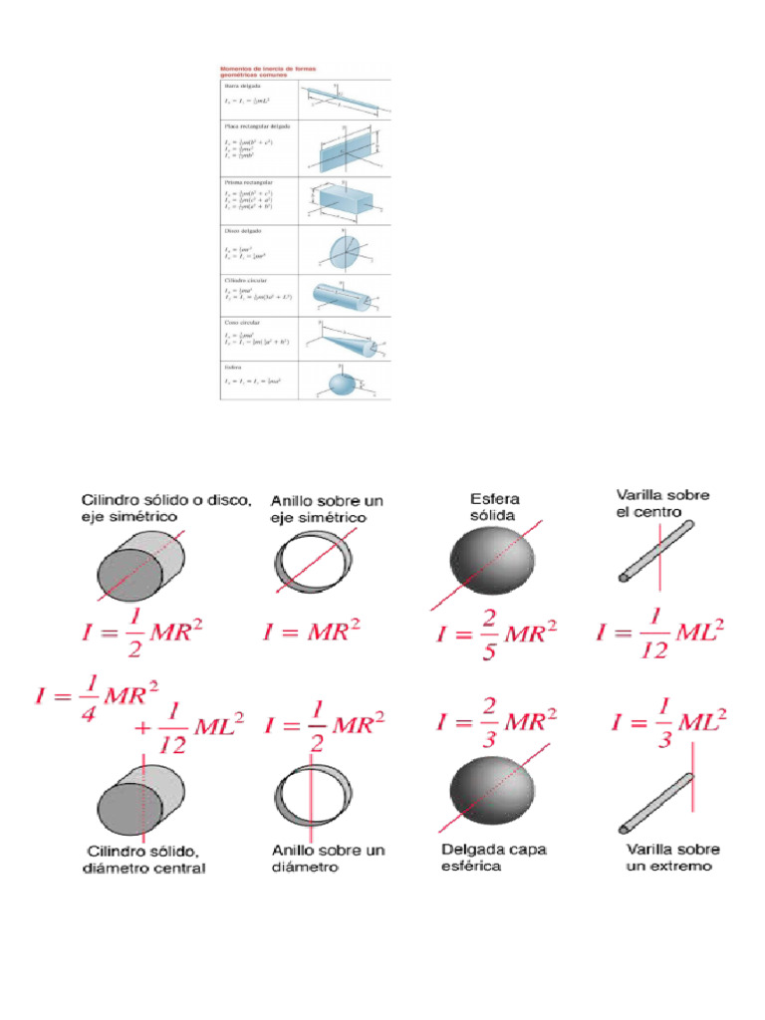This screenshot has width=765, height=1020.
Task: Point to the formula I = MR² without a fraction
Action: tap(311, 632)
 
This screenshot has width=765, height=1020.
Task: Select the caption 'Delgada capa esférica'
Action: tap(493, 858)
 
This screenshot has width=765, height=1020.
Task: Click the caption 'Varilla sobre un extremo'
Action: tap(672, 858)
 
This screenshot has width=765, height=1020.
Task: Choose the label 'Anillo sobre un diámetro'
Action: tap(328, 859)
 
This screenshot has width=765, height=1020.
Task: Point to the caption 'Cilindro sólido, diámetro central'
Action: tap(146, 860)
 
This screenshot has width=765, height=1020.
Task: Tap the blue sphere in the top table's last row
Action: tap(342, 383)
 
